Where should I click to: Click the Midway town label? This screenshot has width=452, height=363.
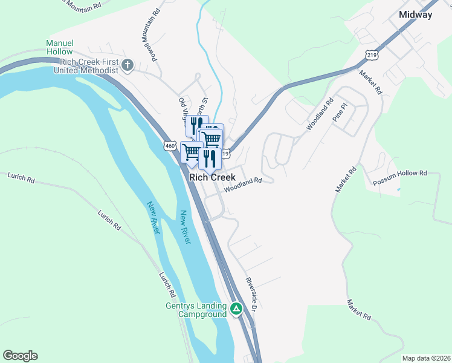coord(416,15)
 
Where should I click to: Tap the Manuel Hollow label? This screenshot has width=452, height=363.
coord(59,48)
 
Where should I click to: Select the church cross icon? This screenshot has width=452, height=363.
coord(128,65)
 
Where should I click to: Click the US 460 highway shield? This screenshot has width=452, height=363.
coord(170,146)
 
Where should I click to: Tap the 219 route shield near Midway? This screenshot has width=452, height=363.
coord(372,54)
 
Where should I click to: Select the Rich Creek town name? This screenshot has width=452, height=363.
coord(212,178)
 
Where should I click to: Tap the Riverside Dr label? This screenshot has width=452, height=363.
coord(251,294)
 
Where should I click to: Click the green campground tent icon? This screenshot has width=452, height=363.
coord(236,309)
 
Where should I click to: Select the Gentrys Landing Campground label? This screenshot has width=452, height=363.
coord(196,309)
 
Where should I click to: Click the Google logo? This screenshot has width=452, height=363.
coord(20,356)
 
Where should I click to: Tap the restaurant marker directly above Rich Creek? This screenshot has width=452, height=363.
coord(210,159)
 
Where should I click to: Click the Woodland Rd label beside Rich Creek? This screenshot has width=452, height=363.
coord(243,185)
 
